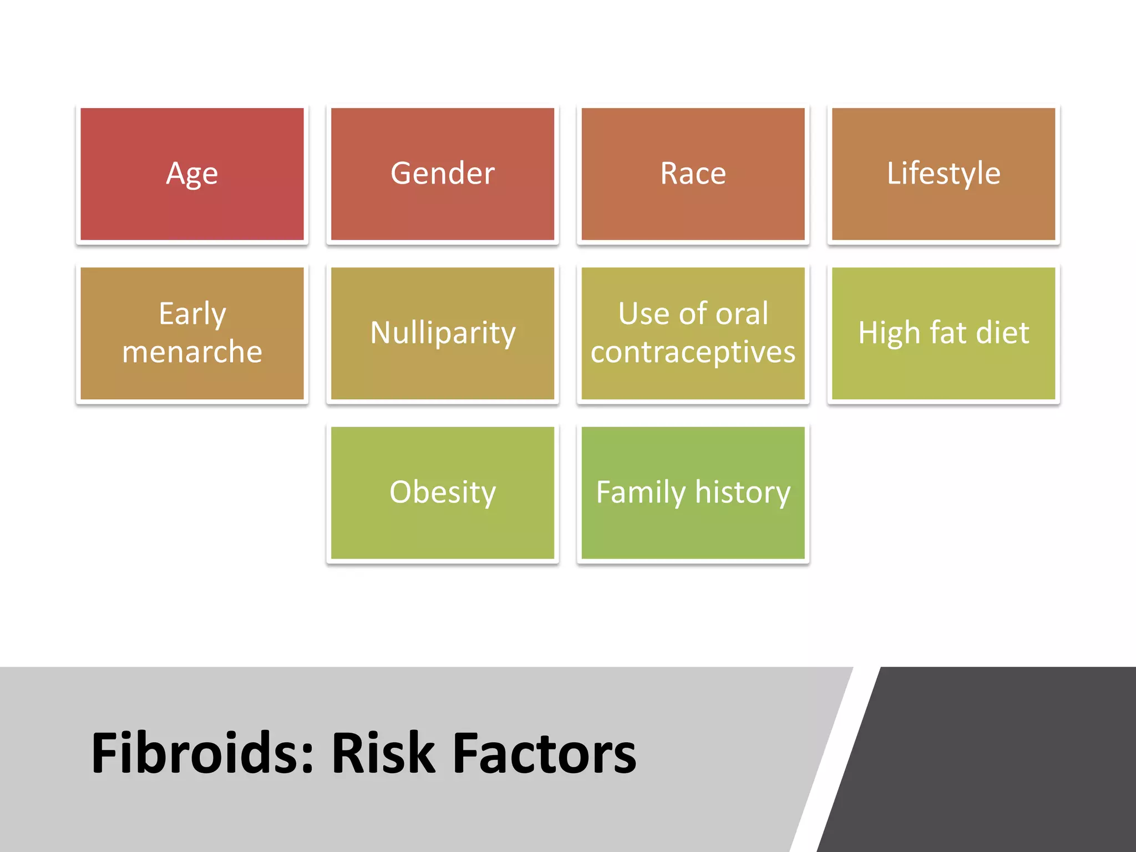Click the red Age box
point(192,174)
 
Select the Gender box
point(443,174)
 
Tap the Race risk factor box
point(693,174)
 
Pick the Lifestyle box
point(944,174)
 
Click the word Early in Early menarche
point(192,315)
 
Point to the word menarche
point(192,352)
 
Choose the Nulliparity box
point(443,333)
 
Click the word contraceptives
point(693,352)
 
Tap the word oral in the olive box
point(742,314)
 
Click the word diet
point(1002,333)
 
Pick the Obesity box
point(443,493)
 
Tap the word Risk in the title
point(383,753)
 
